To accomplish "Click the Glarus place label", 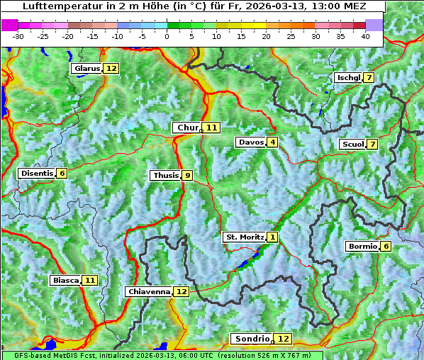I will (87, 68).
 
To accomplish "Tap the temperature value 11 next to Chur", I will (212, 128).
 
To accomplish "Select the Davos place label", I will (251, 142).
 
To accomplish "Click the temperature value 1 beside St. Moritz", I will (273, 237).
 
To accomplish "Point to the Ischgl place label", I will (348, 77).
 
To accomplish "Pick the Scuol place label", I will (352, 145).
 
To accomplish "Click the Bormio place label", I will (362, 247).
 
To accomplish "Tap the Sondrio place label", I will (252, 339).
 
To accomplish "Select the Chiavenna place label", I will (149, 291).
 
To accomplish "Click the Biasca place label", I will (65, 280).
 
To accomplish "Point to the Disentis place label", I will (37, 173).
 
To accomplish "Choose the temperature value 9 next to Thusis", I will (187, 175).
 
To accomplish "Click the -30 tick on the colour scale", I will (18, 35).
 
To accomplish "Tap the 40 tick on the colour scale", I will (365, 35).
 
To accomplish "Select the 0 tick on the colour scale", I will (167, 35).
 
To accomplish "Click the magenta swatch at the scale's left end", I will (10, 25).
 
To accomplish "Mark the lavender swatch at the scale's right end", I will (374, 25).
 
